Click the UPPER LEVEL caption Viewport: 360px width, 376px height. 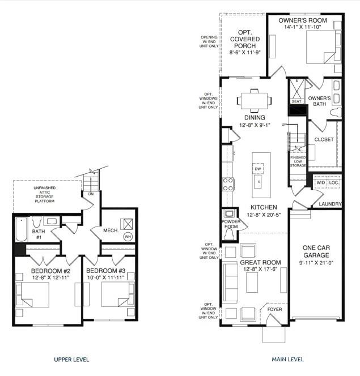tap(71, 359)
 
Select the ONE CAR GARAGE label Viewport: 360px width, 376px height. tap(316, 251)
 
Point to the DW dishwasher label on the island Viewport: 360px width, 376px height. tap(257, 169)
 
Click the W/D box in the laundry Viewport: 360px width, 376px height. tap(320, 183)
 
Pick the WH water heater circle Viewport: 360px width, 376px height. tap(128, 236)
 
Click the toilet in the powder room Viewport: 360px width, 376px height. tap(229, 232)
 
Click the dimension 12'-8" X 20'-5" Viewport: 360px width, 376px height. tap(264, 215)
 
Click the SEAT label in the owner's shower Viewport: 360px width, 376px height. tap(296, 101)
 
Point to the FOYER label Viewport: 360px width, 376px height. tap(274, 310)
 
